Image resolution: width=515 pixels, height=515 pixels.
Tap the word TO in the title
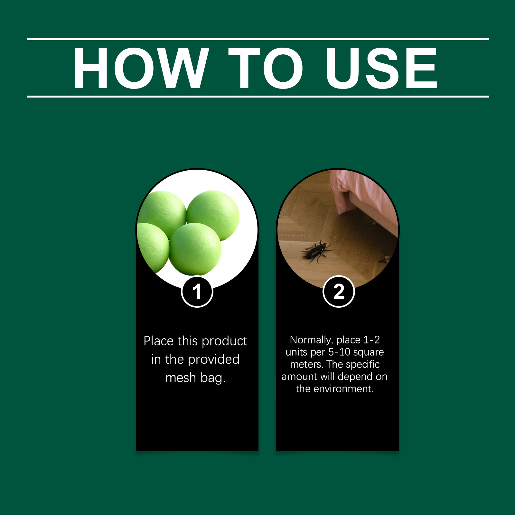tap(266, 68)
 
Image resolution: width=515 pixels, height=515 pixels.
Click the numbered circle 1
tap(197, 292)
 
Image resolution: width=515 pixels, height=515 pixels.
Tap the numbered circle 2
tap(339, 292)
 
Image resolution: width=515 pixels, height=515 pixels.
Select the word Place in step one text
tap(159, 341)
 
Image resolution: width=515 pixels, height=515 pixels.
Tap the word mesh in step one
tap(181, 378)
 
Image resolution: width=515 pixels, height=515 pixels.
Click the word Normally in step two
tap(311, 340)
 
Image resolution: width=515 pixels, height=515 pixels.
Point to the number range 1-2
tap(371, 340)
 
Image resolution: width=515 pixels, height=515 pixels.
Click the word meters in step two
tap(307, 364)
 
